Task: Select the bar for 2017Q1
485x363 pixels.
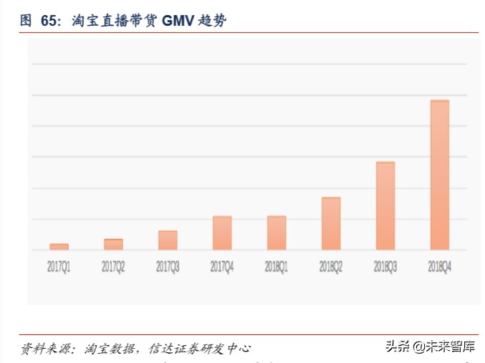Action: (59, 246)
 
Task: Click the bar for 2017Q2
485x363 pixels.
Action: (113, 244)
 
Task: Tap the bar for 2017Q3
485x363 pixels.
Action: (168, 240)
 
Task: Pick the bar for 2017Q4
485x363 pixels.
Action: (222, 233)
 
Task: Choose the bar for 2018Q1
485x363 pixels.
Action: (277, 233)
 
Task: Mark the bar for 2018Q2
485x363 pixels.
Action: (331, 223)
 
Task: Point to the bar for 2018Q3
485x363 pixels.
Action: (385, 205)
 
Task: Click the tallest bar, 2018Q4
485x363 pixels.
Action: (440, 175)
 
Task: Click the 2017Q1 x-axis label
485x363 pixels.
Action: (59, 266)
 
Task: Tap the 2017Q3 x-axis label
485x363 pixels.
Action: (168, 266)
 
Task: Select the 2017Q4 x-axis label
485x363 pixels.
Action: (222, 266)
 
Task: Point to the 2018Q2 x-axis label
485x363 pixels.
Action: (331, 266)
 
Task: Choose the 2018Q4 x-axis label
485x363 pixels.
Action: (440, 266)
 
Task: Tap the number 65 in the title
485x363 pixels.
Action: (49, 21)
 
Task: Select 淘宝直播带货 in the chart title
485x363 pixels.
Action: (115, 21)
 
